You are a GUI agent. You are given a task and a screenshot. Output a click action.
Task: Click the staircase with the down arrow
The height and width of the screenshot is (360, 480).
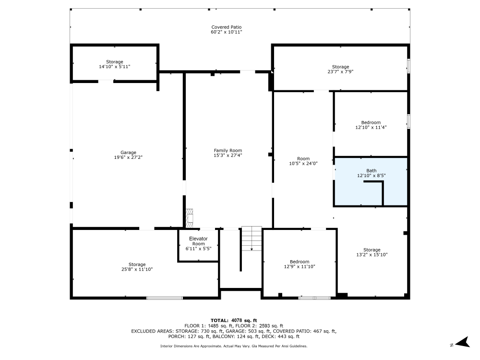pyautogui.click(x=252, y=238)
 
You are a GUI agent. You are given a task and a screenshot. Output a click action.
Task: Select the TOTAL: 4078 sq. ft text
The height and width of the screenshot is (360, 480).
pyautogui.click(x=234, y=320)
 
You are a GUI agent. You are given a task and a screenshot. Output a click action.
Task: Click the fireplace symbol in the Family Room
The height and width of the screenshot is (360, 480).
pyautogui.click(x=190, y=217)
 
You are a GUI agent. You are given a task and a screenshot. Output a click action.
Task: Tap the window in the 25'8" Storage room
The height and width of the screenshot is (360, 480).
pyautogui.click(x=165, y=298)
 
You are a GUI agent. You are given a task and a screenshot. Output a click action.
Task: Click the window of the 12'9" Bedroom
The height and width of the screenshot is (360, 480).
pyautogui.click(x=314, y=298)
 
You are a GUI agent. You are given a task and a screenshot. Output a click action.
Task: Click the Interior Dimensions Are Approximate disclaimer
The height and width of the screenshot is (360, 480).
pyautogui.click(x=234, y=346)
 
